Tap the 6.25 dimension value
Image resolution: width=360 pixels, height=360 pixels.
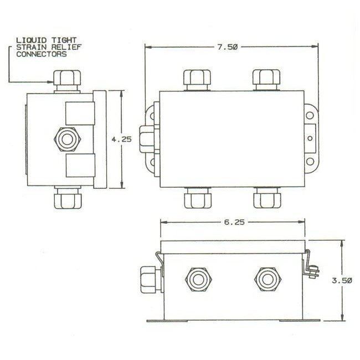coord(231,221)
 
